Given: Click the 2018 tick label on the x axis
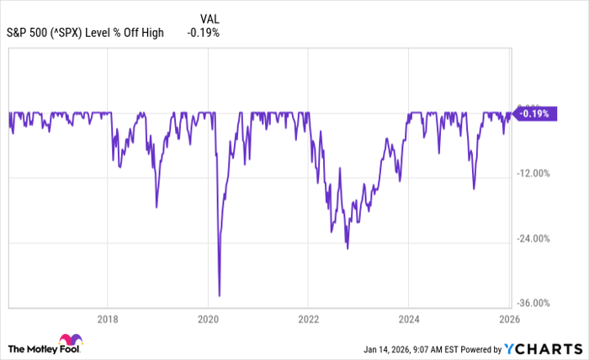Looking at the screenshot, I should [x=108, y=320].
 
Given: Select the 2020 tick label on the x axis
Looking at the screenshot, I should [x=208, y=320].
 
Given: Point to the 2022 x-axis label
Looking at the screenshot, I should [x=308, y=320].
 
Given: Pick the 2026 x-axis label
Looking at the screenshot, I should [x=508, y=320].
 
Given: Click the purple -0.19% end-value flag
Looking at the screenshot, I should [x=534, y=114].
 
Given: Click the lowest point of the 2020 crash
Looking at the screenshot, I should [x=220, y=295].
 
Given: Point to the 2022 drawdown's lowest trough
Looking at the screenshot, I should [x=347, y=248].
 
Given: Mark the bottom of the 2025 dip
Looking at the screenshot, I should [x=474, y=188].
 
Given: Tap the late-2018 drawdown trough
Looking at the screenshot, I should [x=157, y=207].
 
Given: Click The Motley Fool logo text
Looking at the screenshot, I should [x=41, y=348].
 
